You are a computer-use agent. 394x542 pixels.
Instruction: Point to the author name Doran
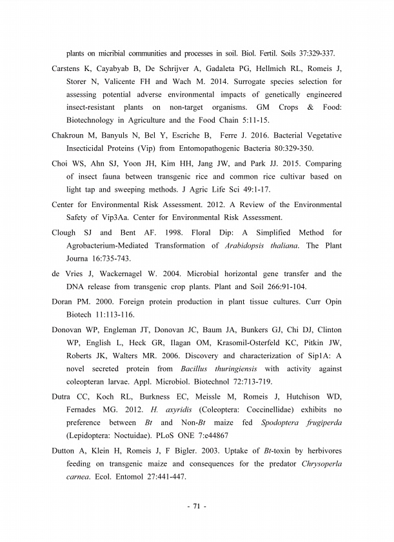(64, 302)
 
